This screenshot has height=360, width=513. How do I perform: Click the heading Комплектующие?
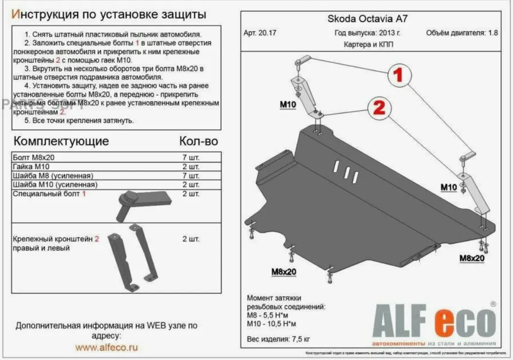click(61, 141)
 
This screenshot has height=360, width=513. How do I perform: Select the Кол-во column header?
click(198, 141)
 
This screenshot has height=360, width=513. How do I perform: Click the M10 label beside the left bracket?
click(287, 104)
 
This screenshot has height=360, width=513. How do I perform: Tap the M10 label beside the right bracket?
click(448, 187)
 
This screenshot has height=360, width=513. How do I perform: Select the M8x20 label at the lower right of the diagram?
click(471, 258)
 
